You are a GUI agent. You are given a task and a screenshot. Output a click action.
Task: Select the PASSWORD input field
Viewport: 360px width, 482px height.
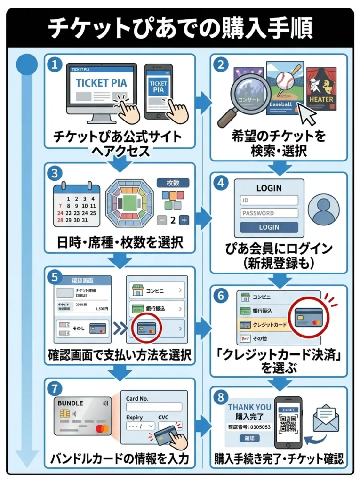coord(269,213)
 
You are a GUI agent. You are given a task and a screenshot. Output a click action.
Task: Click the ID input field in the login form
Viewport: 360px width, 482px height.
coord(269,200)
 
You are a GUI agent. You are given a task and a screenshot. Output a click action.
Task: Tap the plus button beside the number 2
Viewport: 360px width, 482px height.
coord(184,220)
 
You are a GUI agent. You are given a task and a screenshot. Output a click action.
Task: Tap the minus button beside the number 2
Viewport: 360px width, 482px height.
coord(161,220)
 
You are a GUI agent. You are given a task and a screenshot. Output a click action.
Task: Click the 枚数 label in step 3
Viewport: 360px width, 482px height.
coord(171,183)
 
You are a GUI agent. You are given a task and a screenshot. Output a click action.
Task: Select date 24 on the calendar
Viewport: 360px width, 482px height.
coord(60,213)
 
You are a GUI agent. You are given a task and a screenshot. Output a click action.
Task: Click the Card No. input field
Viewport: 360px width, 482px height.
coord(154,407)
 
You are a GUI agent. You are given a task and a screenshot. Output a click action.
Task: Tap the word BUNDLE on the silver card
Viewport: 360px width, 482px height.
coord(70,403)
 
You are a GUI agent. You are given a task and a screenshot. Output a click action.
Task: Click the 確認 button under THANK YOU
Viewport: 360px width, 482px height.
coord(249,439)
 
